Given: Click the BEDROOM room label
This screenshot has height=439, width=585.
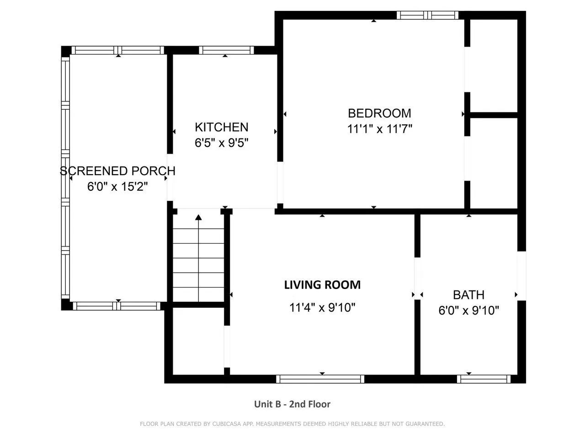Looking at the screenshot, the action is point(379,113).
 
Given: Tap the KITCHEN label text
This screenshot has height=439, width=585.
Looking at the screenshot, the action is point(222,127).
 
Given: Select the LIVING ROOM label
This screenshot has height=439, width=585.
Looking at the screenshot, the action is point(322,285).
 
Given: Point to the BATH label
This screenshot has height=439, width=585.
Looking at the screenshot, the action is point(468,295).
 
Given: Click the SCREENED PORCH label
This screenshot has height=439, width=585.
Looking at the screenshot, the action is point(117,171).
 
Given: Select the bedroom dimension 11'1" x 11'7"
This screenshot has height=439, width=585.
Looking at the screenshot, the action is point(379,129).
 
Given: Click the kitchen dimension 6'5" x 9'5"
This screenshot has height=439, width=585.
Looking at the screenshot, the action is point(222,143).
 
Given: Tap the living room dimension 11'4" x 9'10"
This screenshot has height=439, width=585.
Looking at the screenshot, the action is point(322,308).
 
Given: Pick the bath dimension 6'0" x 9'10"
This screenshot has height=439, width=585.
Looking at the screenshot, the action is point(468,310).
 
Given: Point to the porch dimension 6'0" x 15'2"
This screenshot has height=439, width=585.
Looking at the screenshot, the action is point(117,187).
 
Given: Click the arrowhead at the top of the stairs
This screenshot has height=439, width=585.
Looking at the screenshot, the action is point(198,217).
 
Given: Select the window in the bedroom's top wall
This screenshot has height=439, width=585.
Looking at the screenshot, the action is point(427,15).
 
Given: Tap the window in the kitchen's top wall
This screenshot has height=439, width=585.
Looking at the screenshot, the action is point(226,50).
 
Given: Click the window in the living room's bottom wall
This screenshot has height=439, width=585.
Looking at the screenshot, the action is point(320,379).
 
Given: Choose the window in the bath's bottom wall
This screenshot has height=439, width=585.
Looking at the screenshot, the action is point(484,379).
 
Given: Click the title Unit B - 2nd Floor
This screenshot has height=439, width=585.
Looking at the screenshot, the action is point(292,404).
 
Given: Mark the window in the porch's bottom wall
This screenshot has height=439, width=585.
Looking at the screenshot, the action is point(117,306).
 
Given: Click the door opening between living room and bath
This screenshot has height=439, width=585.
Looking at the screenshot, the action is point(417,278).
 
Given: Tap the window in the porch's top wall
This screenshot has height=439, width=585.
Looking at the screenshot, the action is point(118,50).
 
